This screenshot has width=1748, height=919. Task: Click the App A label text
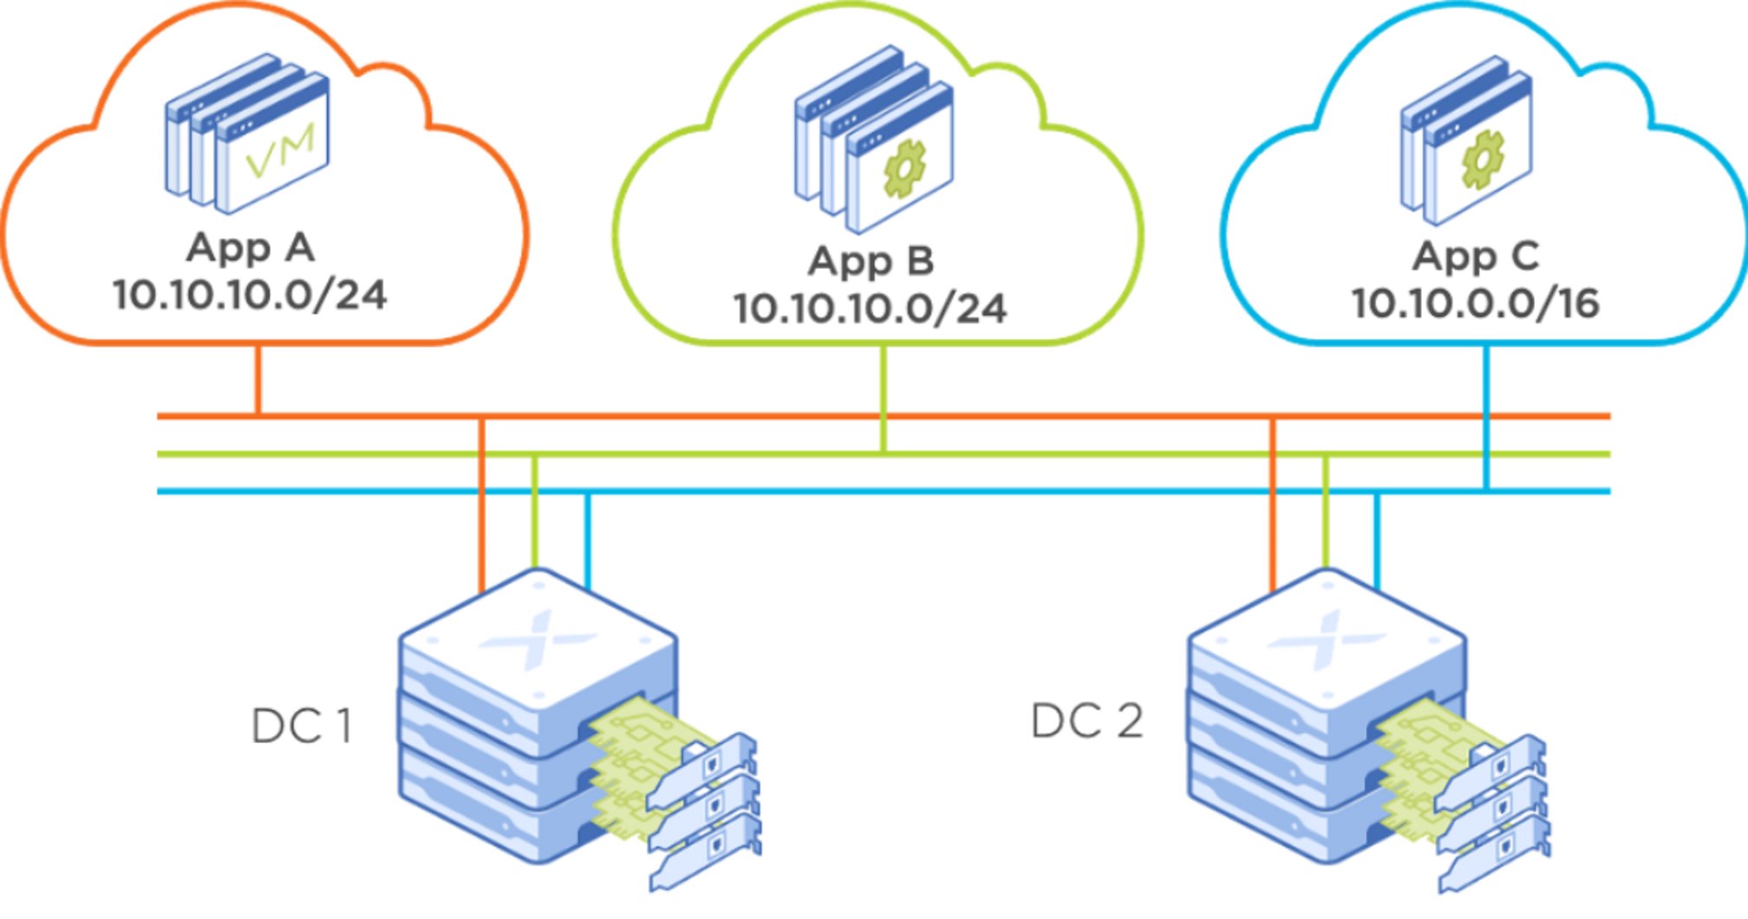[x=251, y=249]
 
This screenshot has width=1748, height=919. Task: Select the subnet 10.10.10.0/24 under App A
[x=250, y=296]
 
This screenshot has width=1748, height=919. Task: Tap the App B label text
[x=871, y=262]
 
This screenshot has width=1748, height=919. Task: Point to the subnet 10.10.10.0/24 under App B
[x=871, y=309]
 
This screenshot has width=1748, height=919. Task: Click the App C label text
[x=1476, y=257]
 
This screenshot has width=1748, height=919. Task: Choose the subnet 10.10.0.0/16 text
[x=1476, y=303]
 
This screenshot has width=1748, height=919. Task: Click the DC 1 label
[x=302, y=727]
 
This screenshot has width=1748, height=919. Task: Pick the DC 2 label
[x=1087, y=721]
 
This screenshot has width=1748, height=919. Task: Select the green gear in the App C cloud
[x=1483, y=160]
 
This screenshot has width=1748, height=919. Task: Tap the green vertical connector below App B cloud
[x=884, y=399]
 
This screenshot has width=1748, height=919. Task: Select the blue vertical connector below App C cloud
[x=1486, y=416]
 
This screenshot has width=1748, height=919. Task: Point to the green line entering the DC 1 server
[x=534, y=520]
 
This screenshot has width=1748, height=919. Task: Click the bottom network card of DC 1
[x=704, y=854]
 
